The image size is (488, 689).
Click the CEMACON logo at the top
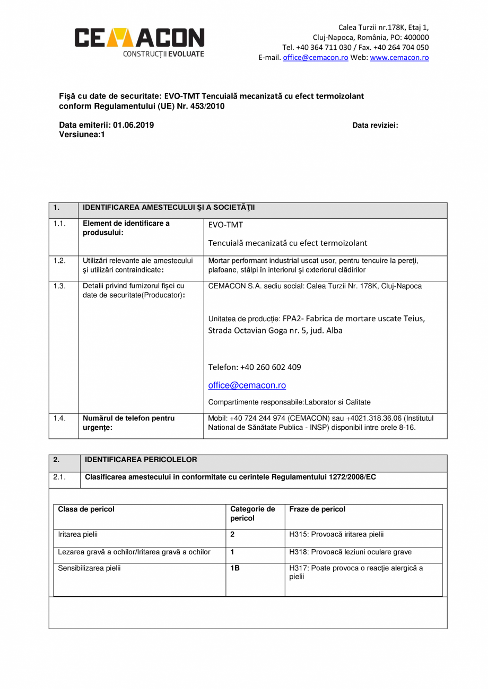pyautogui.click(x=139, y=42)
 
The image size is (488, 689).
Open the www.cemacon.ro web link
pyautogui.click(x=399, y=58)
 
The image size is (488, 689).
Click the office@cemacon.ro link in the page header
pyautogui.click(x=315, y=58)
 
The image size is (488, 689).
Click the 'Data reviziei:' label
pyautogui.click(x=375, y=126)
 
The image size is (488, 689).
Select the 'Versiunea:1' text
pyautogui.click(x=82, y=135)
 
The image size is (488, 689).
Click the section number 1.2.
pyautogui.click(x=59, y=261)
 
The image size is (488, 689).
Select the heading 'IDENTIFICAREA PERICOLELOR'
pyautogui.click(x=141, y=460)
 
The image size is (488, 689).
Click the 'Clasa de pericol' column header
pyautogui.click(x=86, y=509)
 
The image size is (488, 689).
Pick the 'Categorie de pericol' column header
pyautogui.click(x=252, y=514)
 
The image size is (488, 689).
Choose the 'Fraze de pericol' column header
pyautogui.click(x=317, y=509)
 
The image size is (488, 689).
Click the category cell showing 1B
pyautogui.click(x=235, y=568)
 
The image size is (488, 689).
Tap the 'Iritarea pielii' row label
pyautogui.click(x=77, y=534)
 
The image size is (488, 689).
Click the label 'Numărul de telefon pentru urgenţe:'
pyautogui.click(x=128, y=422)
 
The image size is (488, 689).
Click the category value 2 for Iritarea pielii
pyautogui.click(x=233, y=534)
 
